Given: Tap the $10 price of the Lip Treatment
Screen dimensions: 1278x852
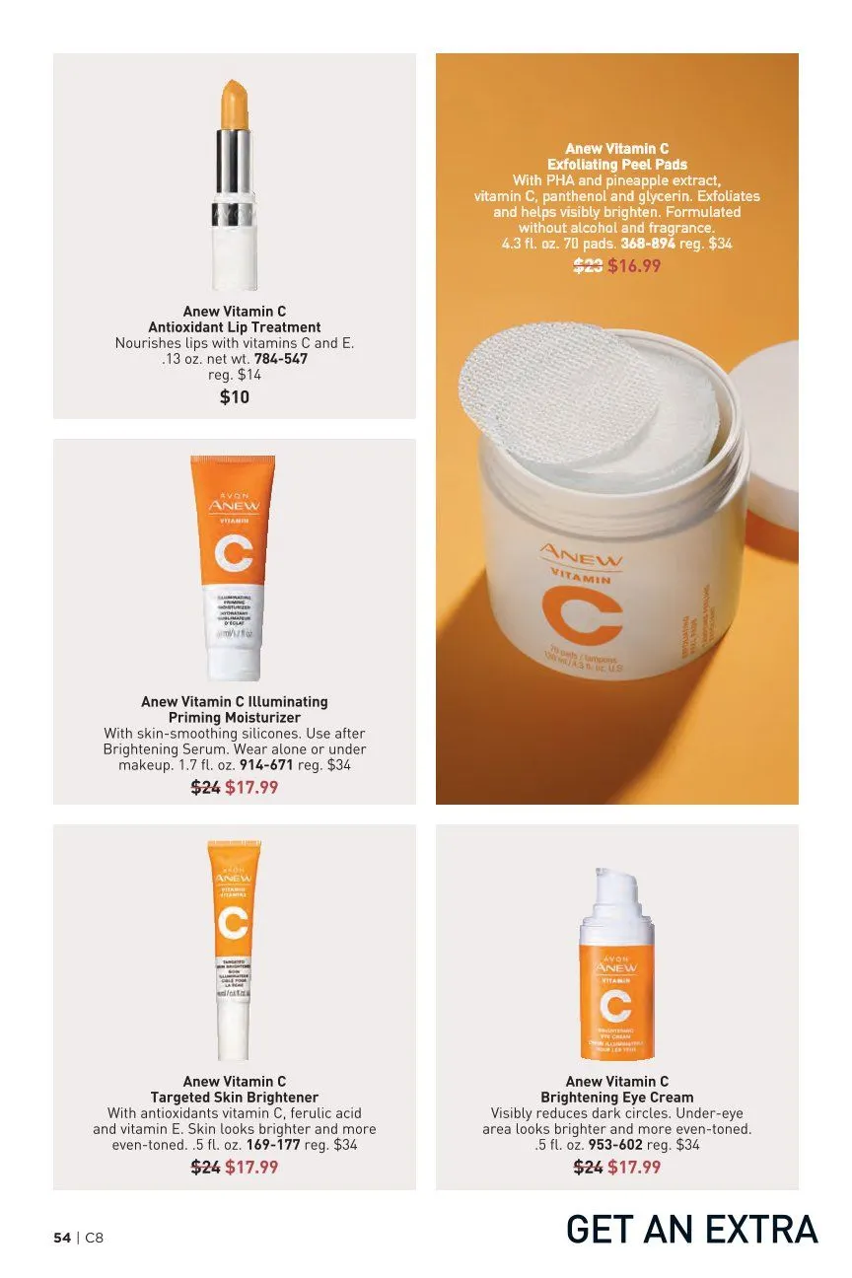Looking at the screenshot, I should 234,396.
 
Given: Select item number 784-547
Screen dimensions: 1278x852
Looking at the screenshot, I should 281,359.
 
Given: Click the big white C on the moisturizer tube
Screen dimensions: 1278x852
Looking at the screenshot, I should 233,553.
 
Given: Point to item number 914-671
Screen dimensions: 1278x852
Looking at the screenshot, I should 266,764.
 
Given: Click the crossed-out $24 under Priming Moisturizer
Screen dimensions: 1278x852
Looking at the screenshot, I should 205,787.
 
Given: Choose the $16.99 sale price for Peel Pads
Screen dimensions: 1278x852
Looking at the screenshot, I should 634,265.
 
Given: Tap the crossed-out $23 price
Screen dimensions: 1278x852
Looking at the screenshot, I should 588,265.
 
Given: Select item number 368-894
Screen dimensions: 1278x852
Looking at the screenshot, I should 648,243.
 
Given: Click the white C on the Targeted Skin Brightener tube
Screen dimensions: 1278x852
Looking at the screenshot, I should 234,923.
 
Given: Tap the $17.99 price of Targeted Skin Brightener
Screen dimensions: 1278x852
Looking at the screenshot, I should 251,1168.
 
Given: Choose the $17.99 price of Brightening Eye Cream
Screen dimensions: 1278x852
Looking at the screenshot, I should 634,1168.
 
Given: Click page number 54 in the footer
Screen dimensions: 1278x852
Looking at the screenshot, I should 62,1238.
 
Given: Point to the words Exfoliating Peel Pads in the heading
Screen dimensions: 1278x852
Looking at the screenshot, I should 617,165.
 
